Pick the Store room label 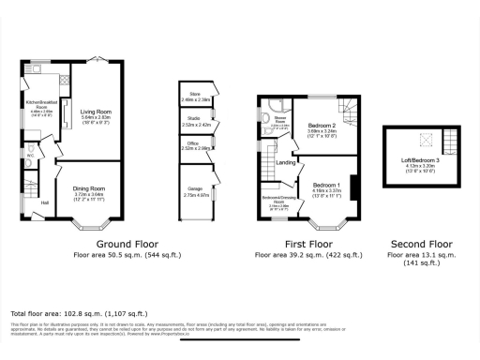[195, 94]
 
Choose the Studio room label [195, 118]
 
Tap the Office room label [195, 143]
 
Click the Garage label [195, 188]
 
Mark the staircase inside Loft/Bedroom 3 [449, 141]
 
